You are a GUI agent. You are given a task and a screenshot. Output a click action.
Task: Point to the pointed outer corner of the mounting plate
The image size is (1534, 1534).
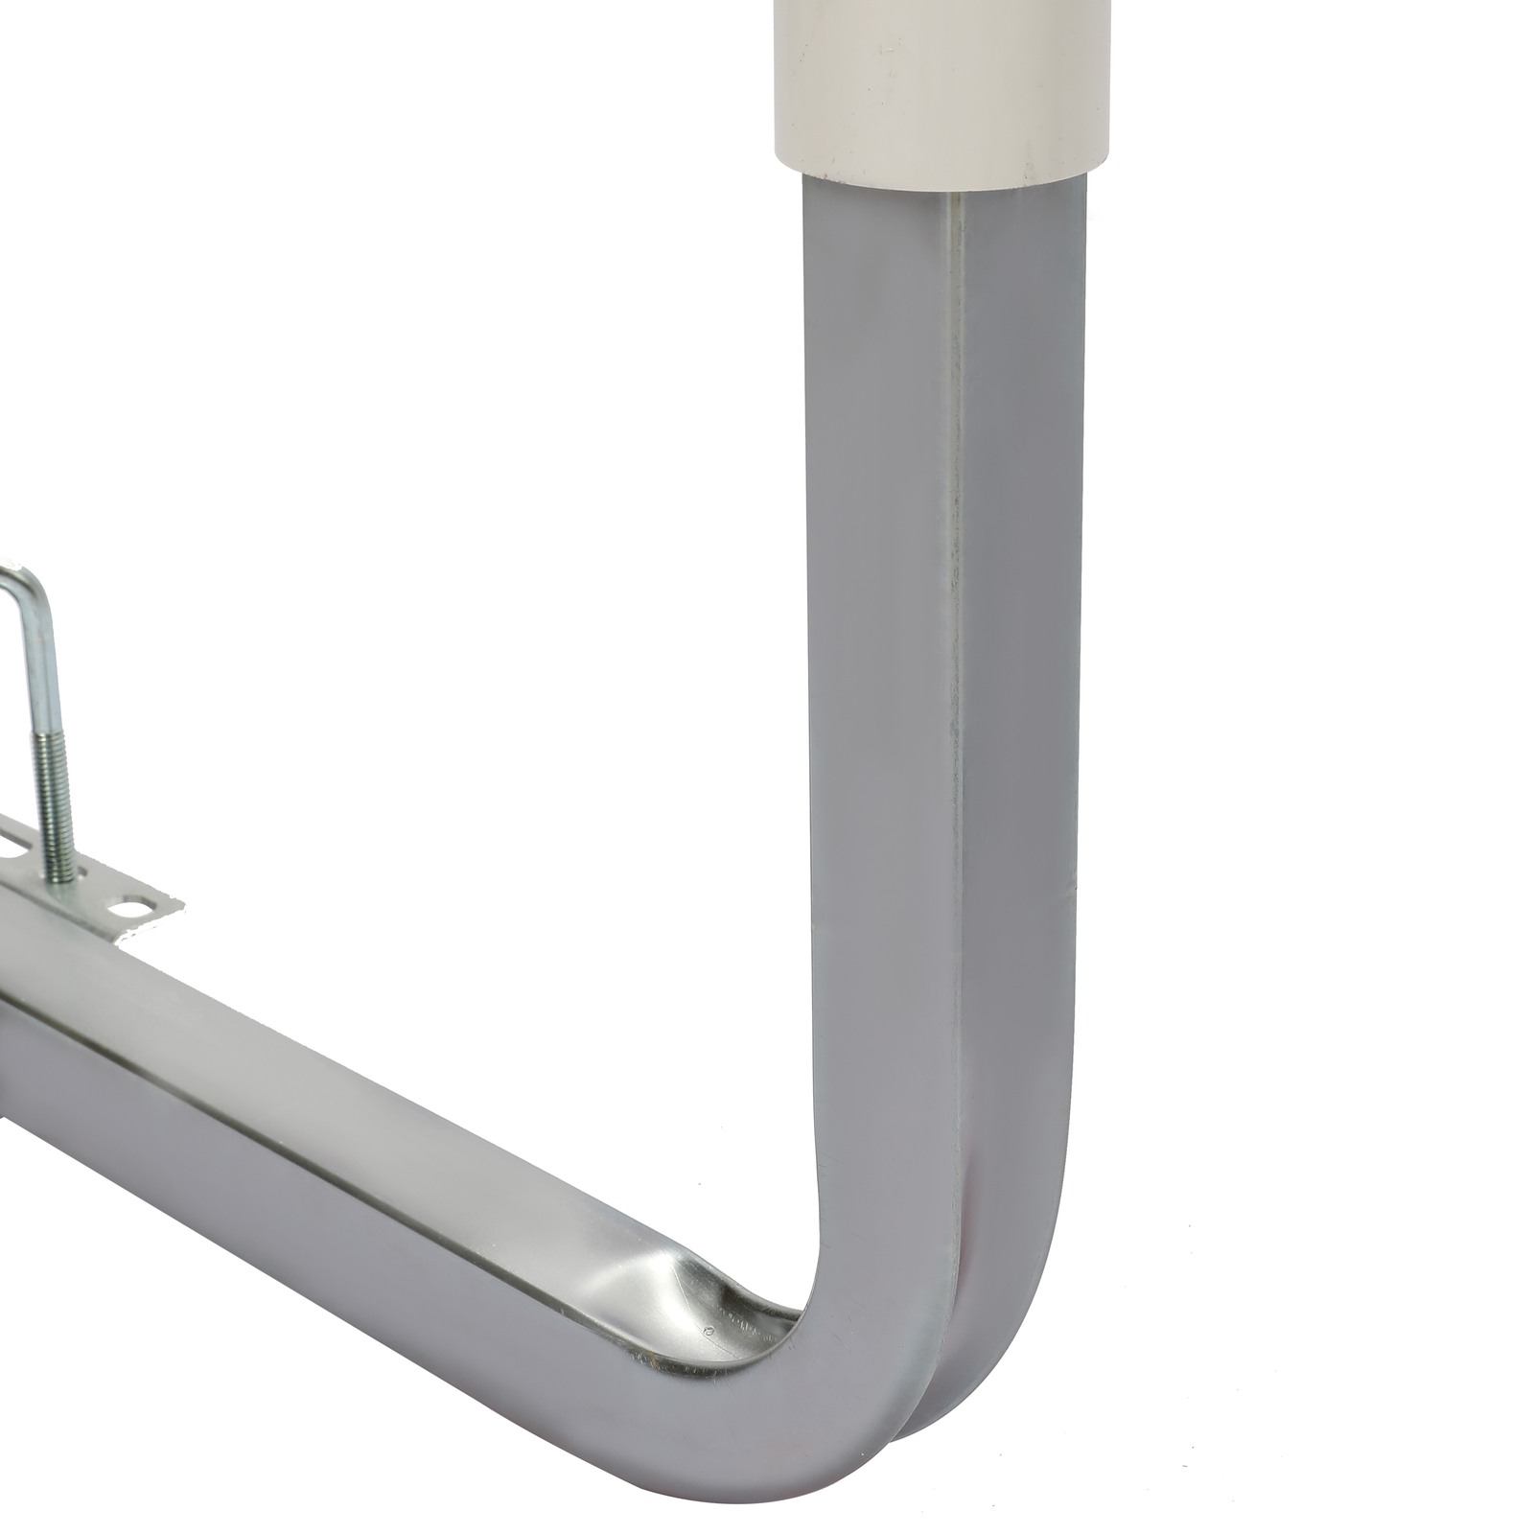179,901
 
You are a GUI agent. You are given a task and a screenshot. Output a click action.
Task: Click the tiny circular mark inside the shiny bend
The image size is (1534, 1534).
708,1331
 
